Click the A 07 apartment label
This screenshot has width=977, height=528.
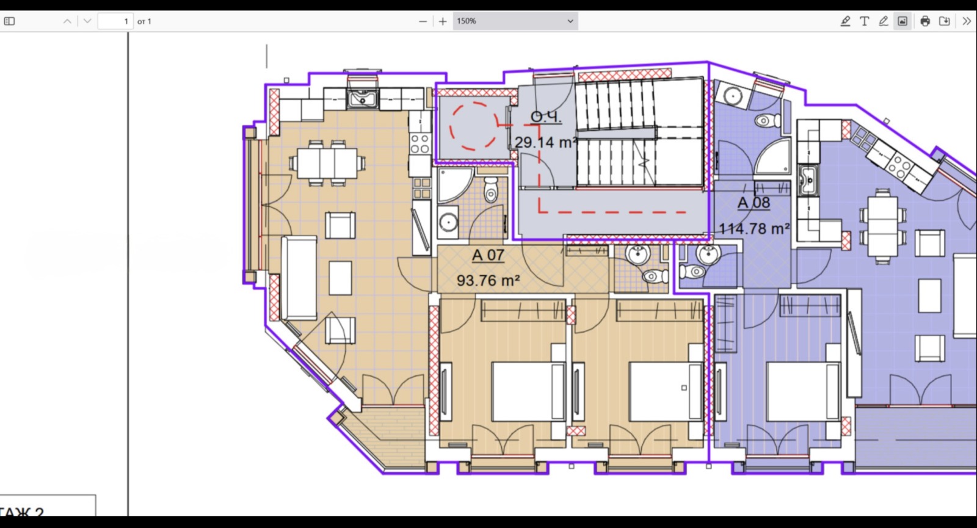488,255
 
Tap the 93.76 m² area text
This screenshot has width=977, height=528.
488,281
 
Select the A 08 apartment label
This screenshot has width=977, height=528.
754,203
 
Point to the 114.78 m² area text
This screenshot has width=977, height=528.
754,229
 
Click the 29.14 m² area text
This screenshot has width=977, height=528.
545,143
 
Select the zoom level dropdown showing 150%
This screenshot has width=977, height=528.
515,21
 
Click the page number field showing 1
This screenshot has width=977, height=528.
116,21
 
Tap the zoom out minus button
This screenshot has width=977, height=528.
423,21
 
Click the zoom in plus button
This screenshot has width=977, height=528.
443,21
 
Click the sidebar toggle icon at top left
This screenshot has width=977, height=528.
9,21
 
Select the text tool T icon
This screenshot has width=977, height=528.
864,21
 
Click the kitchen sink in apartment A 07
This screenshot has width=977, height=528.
363,98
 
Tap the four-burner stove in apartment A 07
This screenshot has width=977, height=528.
419,144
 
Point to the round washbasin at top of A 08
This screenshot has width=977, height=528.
731,95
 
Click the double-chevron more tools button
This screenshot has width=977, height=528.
966,21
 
